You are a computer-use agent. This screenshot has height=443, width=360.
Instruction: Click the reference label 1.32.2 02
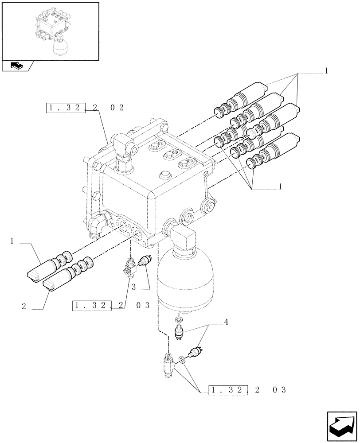coord(85,107)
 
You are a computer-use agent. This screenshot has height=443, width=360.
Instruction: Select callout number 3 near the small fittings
coord(133,287)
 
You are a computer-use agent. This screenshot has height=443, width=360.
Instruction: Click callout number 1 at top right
coord(326,70)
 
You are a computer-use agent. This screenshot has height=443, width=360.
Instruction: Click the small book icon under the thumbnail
coord(16,66)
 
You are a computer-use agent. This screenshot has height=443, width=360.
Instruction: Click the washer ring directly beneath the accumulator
coord(179,320)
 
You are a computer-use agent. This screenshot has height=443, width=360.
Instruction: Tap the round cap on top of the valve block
coord(164,174)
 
